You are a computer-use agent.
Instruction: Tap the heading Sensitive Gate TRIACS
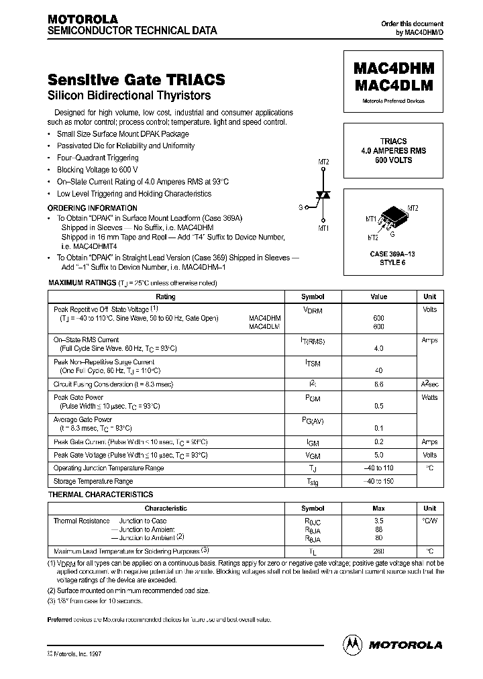(136, 80)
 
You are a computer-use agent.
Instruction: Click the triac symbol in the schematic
(324, 195)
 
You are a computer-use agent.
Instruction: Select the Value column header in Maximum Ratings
(379, 297)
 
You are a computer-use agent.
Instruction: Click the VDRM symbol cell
(313, 311)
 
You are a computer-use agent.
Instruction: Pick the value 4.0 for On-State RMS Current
(379, 349)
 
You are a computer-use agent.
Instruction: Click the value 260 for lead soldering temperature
(379, 552)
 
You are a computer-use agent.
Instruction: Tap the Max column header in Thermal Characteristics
(379, 509)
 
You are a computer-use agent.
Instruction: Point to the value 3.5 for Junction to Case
(379, 521)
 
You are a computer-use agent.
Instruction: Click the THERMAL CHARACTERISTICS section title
(101, 494)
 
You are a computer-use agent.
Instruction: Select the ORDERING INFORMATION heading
(93, 208)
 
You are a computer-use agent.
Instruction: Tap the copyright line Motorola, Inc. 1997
(76, 652)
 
